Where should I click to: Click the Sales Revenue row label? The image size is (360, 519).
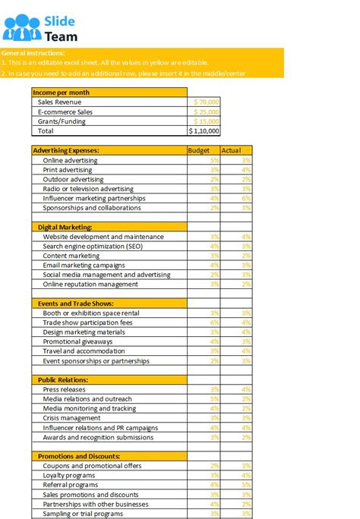[x=59, y=102]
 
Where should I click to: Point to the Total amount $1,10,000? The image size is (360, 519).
[x=204, y=131]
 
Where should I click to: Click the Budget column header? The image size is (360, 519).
[x=198, y=150]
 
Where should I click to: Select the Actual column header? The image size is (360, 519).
[x=231, y=150]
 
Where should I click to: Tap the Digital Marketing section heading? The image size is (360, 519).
[x=65, y=227]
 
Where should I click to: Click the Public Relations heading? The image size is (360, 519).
[x=63, y=380]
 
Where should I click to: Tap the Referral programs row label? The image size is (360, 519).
[x=70, y=485]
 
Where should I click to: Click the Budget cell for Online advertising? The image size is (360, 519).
[x=204, y=160]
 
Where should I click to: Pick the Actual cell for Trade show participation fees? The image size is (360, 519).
[x=236, y=322]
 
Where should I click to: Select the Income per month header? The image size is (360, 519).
[x=61, y=92]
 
